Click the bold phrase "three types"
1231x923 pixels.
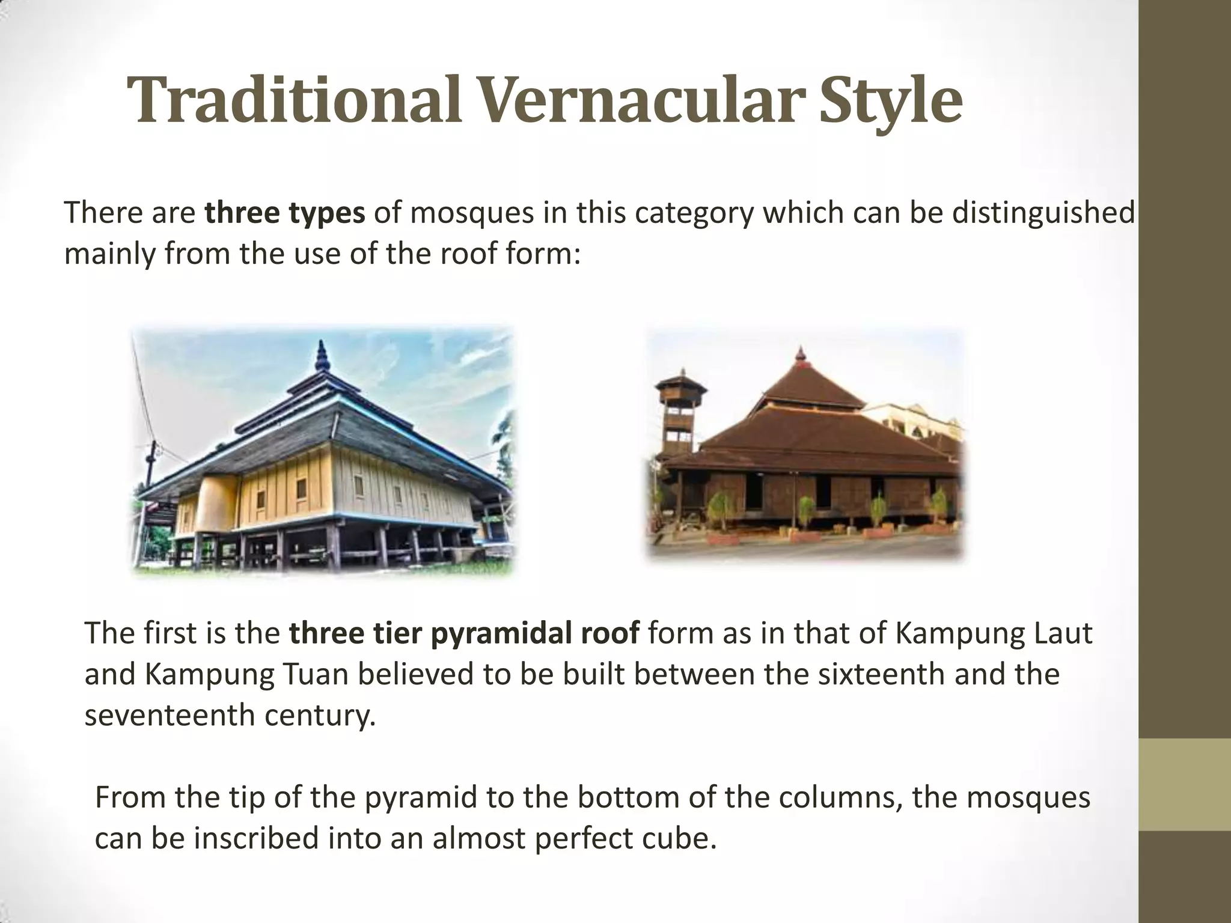point(284,213)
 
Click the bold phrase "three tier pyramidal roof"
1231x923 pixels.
point(464,633)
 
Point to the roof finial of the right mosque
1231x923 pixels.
point(801,355)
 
